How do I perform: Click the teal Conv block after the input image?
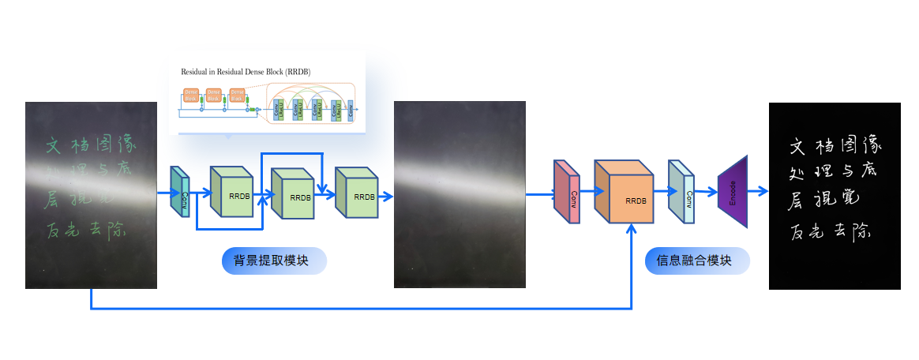181,192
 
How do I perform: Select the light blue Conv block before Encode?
681,192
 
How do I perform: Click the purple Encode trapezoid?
732,192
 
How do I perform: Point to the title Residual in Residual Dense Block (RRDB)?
246,72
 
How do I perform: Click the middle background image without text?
459,194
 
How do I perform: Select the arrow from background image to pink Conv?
540,192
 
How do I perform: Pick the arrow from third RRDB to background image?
385,193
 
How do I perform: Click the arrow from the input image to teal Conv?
163,191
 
